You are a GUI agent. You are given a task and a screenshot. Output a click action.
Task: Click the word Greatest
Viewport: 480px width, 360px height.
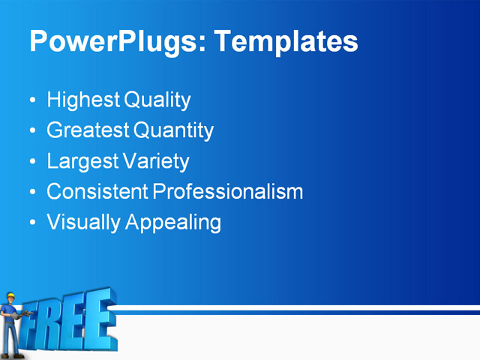coord(88,130)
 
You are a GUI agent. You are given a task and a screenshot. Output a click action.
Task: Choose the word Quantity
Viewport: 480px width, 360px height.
coord(173,131)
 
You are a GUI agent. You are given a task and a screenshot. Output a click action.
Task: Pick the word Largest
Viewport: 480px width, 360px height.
coord(82,161)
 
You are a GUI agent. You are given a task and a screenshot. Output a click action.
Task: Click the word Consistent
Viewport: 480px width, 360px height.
coord(97,192)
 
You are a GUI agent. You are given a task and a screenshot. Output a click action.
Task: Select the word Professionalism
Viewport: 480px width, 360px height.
coord(228,192)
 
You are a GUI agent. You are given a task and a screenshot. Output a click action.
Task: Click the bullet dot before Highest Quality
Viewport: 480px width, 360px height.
coord(31,100)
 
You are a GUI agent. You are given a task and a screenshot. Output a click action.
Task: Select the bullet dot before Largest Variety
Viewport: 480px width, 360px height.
coord(31,162)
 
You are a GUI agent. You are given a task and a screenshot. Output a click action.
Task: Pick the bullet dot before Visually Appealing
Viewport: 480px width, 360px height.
coord(31,223)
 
